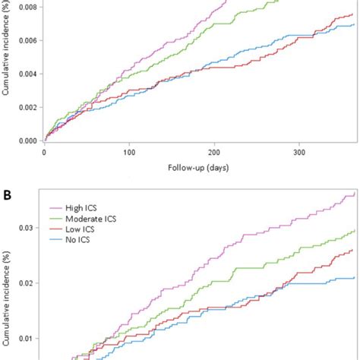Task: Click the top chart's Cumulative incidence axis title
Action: pos(7,72)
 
